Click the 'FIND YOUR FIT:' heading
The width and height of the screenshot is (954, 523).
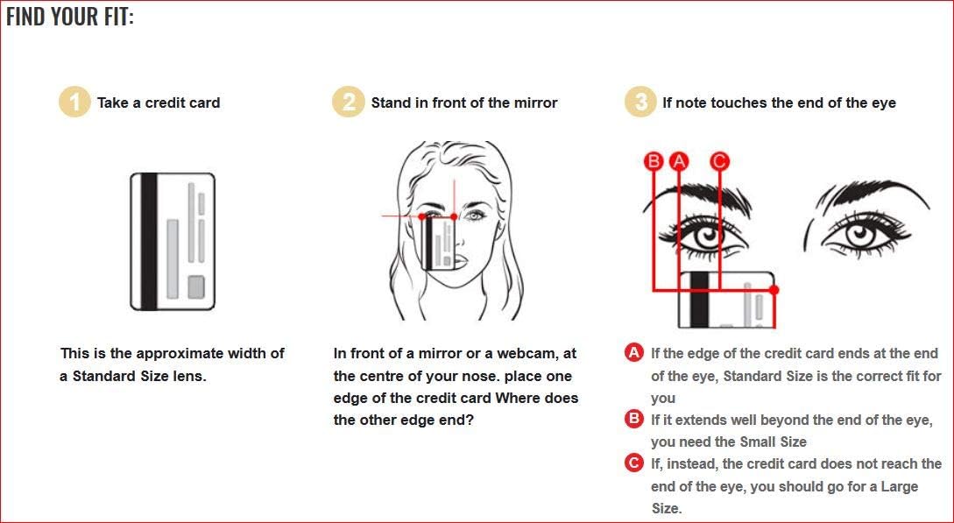[70, 17]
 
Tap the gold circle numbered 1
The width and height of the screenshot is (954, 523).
[74, 102]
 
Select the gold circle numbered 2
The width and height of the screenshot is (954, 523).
[348, 102]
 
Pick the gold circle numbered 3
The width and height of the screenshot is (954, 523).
[640, 102]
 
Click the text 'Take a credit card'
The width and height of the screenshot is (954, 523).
[159, 102]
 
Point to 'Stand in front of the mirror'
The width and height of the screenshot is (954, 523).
[464, 102]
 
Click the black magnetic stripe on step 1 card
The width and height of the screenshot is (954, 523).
[149, 242]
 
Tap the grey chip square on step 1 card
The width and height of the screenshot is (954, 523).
[196, 287]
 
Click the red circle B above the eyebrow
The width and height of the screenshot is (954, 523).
[654, 162]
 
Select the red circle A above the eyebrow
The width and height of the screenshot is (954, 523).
[679, 162]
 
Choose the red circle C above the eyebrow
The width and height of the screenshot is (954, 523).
[719, 162]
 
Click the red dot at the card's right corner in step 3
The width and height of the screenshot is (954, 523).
[774, 290]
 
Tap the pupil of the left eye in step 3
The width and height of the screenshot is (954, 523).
[708, 234]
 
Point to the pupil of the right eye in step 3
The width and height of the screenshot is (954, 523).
[859, 234]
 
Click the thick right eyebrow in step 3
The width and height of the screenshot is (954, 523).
[876, 192]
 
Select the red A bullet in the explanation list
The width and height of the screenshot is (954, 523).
[634, 353]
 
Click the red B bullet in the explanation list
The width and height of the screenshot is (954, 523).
[634, 419]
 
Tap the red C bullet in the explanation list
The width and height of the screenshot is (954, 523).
[634, 463]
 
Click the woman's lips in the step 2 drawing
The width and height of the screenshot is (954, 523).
[460, 261]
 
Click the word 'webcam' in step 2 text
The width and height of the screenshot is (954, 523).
[525, 354]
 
